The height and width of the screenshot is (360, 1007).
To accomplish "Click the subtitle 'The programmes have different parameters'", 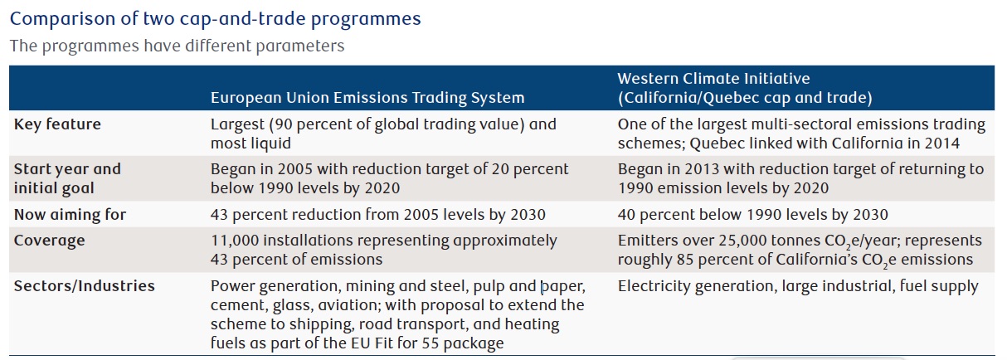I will pos(177,45).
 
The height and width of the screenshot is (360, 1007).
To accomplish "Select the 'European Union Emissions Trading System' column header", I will pos(367,98).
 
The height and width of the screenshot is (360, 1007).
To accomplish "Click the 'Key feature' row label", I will pos(57,124).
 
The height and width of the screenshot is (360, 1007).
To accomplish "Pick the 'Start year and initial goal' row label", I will pos(67,178).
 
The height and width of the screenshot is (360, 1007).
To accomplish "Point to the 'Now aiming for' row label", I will pos(70,215).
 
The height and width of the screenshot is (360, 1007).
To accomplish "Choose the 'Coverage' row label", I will pos(49,241).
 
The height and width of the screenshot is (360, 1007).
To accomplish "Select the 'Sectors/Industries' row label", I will pos(84,286).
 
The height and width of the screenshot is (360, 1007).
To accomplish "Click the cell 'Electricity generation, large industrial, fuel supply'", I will pos(798,286).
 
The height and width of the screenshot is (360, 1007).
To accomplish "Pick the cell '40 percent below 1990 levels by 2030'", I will pos(752,215).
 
